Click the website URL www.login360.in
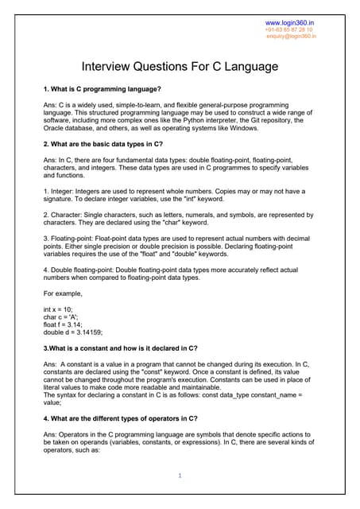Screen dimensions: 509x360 290,22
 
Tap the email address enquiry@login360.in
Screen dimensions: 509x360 291,36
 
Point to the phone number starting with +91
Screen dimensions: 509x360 288,29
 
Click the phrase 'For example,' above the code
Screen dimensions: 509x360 64,293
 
